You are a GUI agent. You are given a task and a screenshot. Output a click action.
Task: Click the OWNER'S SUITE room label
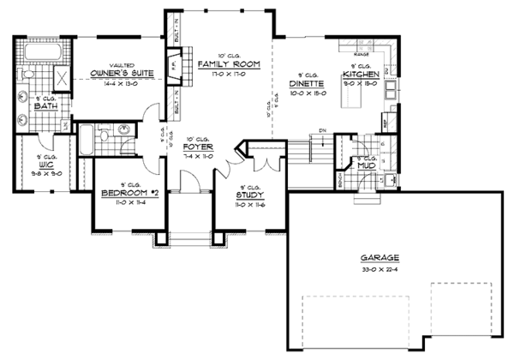click(x=121, y=75)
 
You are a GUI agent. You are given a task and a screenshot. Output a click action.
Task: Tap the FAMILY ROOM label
click(x=218, y=65)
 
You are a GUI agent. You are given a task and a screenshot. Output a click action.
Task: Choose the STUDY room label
click(x=251, y=195)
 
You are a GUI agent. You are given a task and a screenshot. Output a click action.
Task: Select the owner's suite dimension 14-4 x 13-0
click(x=121, y=84)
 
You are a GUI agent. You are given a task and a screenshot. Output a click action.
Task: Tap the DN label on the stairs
click(x=321, y=129)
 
